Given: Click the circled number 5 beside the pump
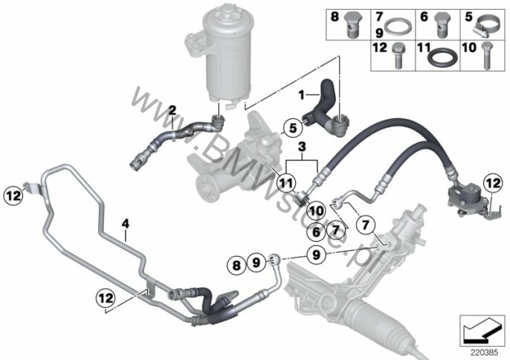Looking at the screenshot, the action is coord(293,128).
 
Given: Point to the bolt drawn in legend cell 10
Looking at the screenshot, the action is coord(486,56).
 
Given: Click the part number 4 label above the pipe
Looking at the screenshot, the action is coord(125,224).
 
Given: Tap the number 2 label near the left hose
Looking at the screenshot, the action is coord(172,110).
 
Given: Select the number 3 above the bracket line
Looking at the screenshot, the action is coord(302,147).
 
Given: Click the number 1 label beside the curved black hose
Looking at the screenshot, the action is coord(302,95).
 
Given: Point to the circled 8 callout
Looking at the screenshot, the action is coord(236,265).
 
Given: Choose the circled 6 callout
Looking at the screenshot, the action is coord(316,232).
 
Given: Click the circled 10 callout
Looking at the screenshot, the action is coord(316,211).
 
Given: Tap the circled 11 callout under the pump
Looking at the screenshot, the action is coord(286,183).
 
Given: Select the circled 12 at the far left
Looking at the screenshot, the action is coord(13,196).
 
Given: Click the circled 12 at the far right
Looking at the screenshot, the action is coord(493,183).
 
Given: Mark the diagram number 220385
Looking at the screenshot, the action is coord(484,352).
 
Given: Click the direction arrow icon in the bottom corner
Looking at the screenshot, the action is coord(482,331).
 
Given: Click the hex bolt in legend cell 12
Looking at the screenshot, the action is coord(397,56).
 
